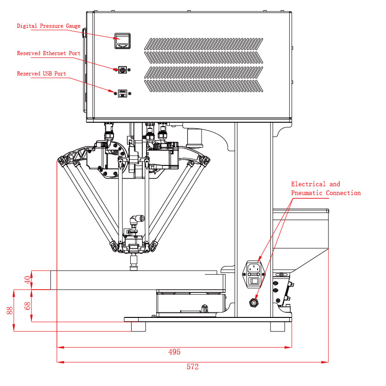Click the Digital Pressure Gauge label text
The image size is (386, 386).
tap(49, 26)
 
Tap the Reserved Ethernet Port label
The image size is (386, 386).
tap(49, 53)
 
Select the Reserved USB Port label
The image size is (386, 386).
tap(41, 74)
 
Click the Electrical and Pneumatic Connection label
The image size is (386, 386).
tap(326, 189)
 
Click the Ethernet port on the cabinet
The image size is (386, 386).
tap(122, 70)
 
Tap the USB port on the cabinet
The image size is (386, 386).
tap(122, 93)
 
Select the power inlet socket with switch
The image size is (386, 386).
tap(254, 273)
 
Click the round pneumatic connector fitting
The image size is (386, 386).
tap(253, 303)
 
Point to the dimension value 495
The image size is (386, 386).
tap(174, 352)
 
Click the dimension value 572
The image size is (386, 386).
tap(192, 367)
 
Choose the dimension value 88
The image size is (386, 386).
tap(10, 310)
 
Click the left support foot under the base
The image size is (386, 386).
tap(138, 326)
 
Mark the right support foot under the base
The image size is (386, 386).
tap(278, 326)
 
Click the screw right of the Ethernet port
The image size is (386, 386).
tap(129, 70)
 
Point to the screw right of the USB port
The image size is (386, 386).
tap(130, 93)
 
